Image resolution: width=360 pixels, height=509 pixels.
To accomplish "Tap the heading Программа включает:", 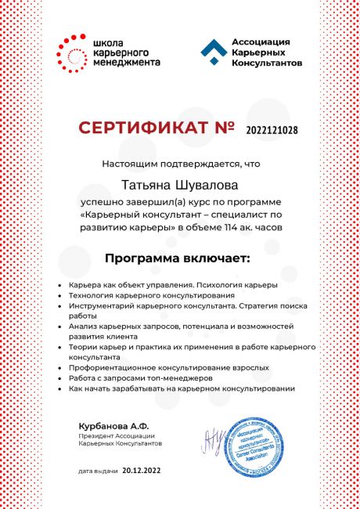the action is (x=179, y=257).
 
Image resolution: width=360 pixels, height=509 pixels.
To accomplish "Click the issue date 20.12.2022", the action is (x=143, y=472).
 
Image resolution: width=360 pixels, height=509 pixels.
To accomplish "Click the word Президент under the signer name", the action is (x=96, y=435).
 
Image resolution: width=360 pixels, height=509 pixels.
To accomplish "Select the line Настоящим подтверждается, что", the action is (x=179, y=164).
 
